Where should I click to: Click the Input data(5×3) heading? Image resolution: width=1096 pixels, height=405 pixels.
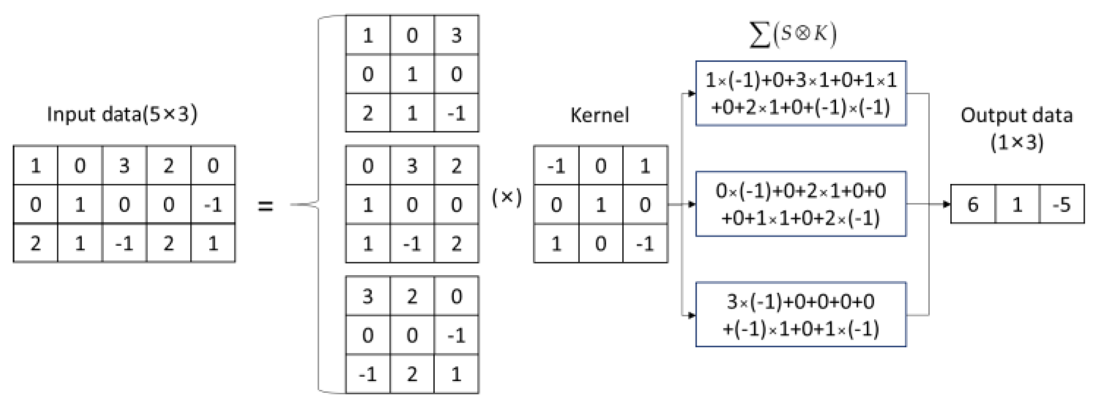point(122,114)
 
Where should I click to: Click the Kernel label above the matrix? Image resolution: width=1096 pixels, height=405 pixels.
point(600,115)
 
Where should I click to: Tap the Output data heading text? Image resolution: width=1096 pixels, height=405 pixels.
point(1017,129)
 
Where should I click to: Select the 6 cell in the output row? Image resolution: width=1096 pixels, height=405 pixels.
point(973,204)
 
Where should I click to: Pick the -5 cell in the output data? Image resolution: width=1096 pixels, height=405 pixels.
point(1062,204)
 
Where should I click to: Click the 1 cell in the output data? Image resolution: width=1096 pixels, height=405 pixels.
point(1017,204)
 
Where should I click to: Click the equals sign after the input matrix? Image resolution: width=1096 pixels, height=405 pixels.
point(265,205)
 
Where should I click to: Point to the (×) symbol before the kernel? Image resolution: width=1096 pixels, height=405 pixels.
point(507,197)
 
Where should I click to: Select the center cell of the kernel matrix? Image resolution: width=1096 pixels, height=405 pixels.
point(601,204)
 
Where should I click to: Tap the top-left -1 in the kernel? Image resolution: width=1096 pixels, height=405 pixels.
point(556,166)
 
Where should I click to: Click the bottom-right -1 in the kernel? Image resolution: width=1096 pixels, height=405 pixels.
point(645,243)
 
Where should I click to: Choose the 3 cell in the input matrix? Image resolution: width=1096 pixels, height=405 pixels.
point(124,166)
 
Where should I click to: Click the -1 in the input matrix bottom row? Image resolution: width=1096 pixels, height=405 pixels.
point(124,243)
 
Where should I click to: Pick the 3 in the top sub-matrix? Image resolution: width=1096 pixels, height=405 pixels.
point(456,35)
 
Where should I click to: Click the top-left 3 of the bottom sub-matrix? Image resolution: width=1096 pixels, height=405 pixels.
point(368,296)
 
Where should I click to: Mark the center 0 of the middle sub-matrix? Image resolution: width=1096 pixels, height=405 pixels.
point(412,204)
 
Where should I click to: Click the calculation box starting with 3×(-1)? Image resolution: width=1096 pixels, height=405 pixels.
point(801,315)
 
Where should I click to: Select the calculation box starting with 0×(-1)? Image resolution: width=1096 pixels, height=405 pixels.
point(801,204)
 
